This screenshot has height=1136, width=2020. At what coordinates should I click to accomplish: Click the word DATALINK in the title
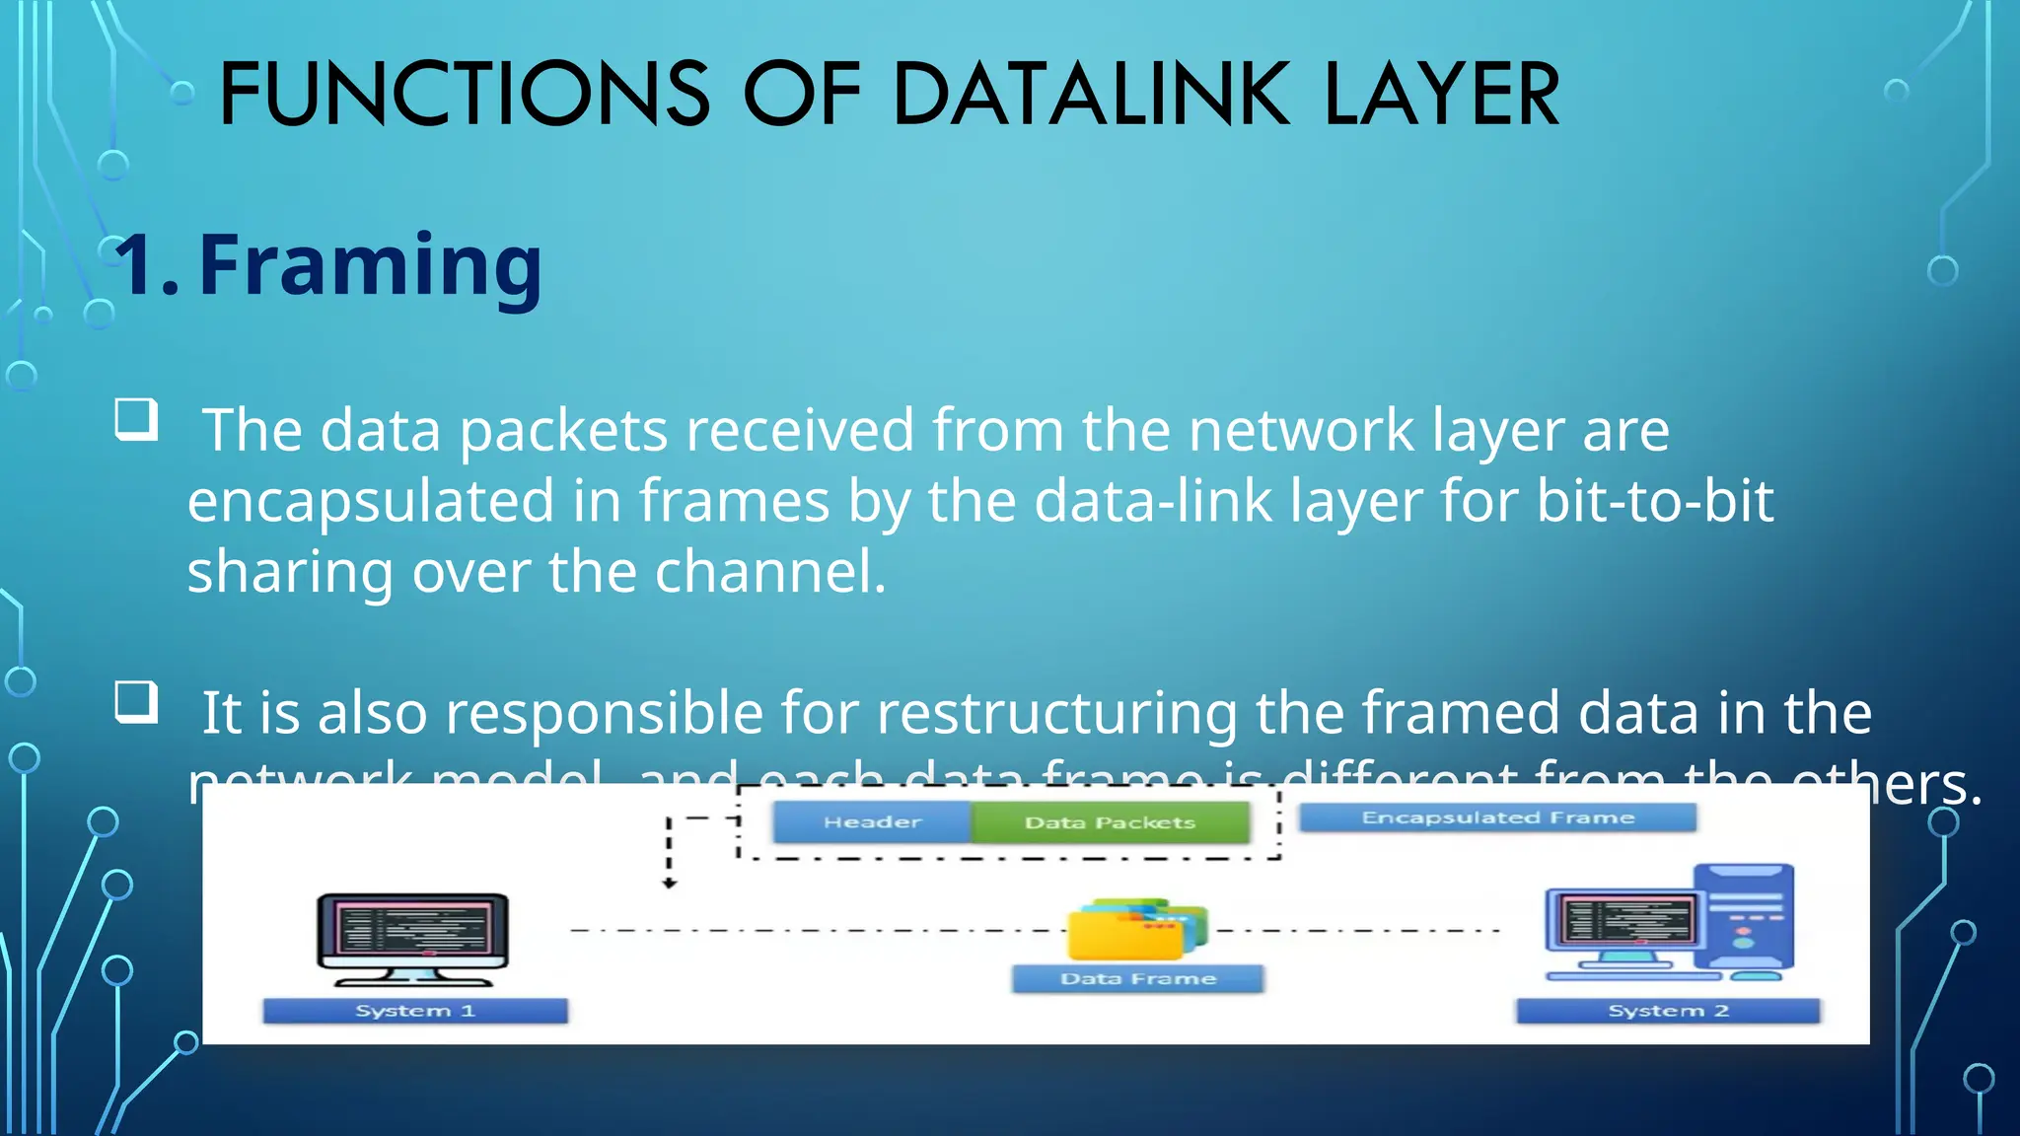(1091, 95)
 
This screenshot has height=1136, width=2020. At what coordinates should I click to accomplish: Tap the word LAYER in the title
(1442, 95)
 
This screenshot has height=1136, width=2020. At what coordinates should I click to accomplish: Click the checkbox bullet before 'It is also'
(136, 702)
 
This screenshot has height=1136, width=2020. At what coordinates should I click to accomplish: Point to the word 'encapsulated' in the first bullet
(371, 501)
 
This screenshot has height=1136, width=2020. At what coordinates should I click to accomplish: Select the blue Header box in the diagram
(872, 822)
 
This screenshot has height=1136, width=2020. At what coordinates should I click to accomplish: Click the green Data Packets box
(1110, 822)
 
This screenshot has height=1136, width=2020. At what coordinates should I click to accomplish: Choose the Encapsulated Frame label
(1497, 817)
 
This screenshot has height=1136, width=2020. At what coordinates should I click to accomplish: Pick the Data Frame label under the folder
(1137, 978)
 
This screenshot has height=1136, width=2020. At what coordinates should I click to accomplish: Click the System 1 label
(415, 1011)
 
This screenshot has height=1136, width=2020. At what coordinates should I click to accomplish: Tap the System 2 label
(1668, 1011)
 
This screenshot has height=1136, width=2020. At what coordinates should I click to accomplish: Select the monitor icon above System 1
(412, 937)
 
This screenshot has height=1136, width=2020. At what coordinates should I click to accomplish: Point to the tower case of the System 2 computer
(1744, 917)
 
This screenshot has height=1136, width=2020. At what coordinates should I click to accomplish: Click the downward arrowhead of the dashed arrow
(670, 884)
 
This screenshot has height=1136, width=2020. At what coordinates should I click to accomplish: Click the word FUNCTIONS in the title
(465, 95)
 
